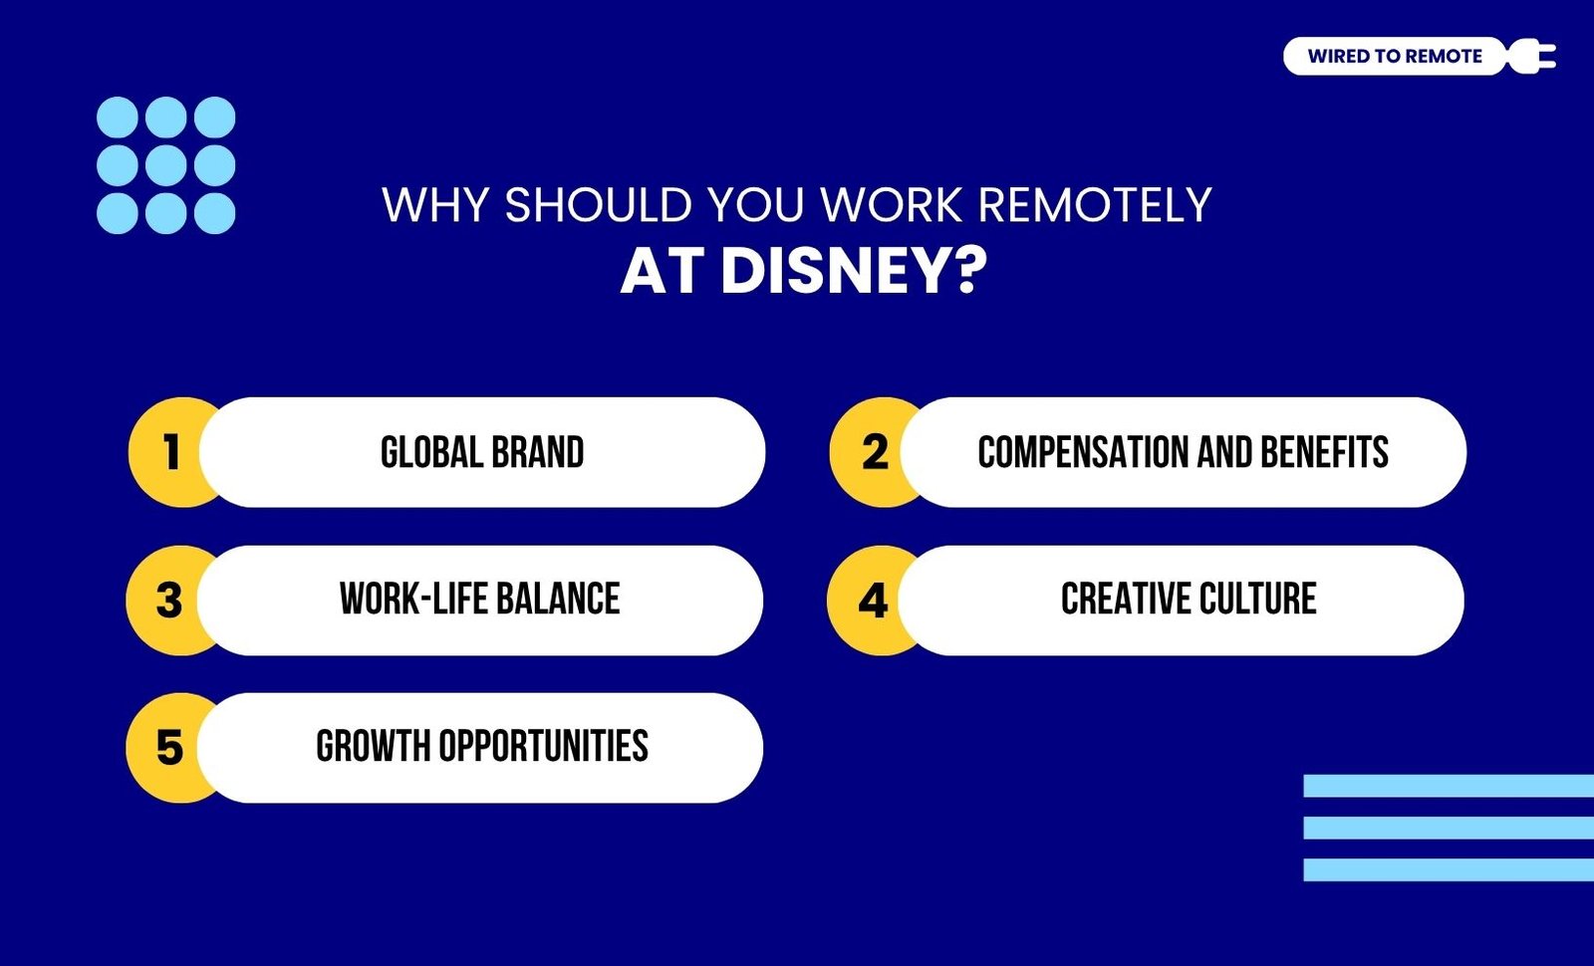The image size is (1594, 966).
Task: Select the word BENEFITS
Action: pos(1324,452)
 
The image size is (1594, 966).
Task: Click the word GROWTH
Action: pos(373,746)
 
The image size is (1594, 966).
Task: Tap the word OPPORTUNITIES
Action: pos(543,746)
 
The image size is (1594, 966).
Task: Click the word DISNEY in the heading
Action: pos(854,271)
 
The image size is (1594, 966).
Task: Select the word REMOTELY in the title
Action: pos(1095,205)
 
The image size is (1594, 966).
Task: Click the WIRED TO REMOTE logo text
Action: pos(1395,56)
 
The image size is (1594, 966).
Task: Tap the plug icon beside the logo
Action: pos(1531,56)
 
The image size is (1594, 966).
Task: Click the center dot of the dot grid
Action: pos(165,165)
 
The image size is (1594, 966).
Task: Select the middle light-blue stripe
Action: pos(1449,828)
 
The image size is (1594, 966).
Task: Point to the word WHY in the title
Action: pos(434,205)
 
